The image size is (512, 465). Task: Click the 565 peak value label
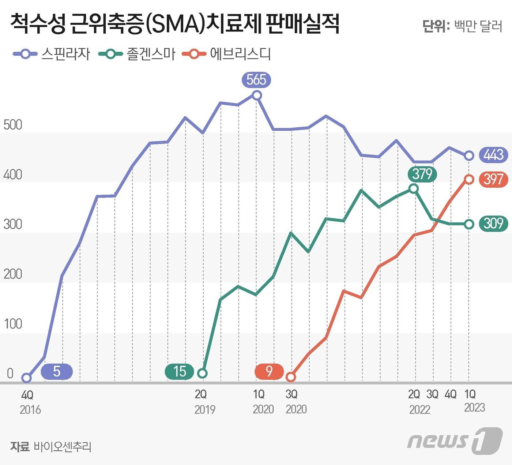tap(256, 80)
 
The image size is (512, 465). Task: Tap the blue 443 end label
tap(493, 155)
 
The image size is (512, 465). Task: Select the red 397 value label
tap(493, 179)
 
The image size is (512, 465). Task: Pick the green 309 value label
tap(493, 223)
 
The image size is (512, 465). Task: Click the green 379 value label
tap(422, 174)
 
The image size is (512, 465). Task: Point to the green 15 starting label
tap(180, 372)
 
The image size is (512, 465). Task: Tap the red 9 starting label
tap(269, 371)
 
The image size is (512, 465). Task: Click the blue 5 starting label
tap(57, 372)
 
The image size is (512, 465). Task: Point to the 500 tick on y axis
tap(13, 125)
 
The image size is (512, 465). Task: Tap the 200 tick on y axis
tap(13, 274)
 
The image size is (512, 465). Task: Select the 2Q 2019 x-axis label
tap(204, 401)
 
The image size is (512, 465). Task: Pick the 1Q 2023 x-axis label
tap(473, 401)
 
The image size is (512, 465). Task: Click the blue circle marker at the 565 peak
tap(257, 95)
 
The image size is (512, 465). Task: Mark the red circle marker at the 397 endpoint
tap(469, 179)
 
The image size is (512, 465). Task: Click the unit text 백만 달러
tap(478, 26)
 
